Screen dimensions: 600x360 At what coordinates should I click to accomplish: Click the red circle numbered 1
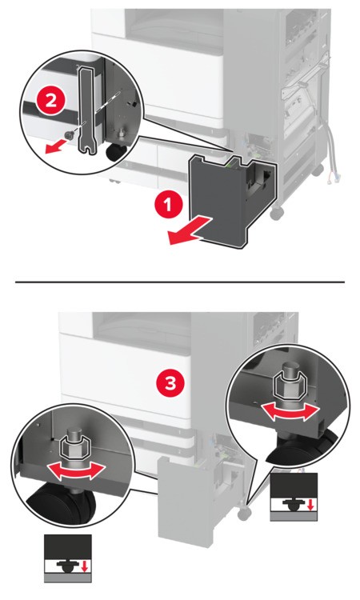[166, 206]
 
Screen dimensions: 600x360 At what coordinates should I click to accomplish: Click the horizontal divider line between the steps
[180, 282]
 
